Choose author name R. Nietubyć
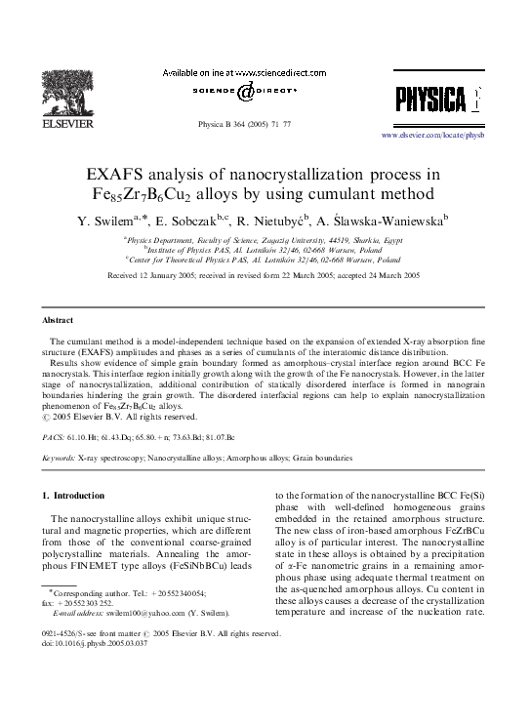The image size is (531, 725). [x=289, y=220]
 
